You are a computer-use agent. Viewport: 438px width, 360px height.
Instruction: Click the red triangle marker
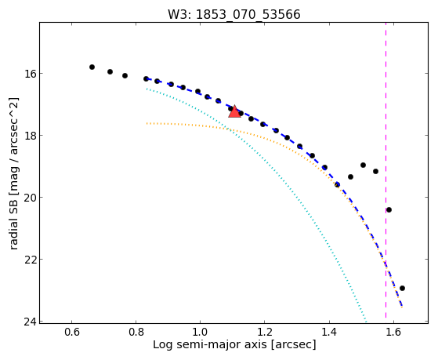coord(234,111)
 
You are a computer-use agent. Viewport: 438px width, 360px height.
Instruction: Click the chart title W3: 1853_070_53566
coord(234,14)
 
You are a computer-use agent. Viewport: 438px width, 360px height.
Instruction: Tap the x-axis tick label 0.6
coord(72,333)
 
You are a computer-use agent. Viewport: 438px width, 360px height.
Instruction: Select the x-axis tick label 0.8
coord(136,333)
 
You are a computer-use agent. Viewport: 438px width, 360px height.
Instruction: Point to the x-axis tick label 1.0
coord(200,333)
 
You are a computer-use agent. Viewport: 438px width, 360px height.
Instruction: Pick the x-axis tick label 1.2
coord(264,333)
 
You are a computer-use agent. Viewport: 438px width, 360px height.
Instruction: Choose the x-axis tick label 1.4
coord(329,333)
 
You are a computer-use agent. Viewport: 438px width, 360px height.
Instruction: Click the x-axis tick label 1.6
coord(393,333)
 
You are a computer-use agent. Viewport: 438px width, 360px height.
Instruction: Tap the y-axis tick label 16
coord(30,74)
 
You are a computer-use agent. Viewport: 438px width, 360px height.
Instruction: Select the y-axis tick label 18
coord(30,136)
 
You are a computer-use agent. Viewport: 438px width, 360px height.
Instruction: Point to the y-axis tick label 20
coord(30,198)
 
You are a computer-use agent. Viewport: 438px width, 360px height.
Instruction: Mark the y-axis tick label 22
coord(30,260)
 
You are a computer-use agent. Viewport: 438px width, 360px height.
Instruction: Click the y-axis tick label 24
coord(30,322)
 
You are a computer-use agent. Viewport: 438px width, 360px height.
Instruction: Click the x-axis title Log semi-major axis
coord(210,345)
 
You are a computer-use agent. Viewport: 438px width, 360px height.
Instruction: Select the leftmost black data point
coord(92,67)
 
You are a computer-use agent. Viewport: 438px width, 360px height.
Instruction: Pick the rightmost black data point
coord(402,288)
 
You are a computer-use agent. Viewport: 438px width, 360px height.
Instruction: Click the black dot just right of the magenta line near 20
coord(389,209)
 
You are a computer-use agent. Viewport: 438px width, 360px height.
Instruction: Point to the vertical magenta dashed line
coord(386,170)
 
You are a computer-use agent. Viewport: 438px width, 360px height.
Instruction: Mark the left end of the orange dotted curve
coord(147,123)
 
